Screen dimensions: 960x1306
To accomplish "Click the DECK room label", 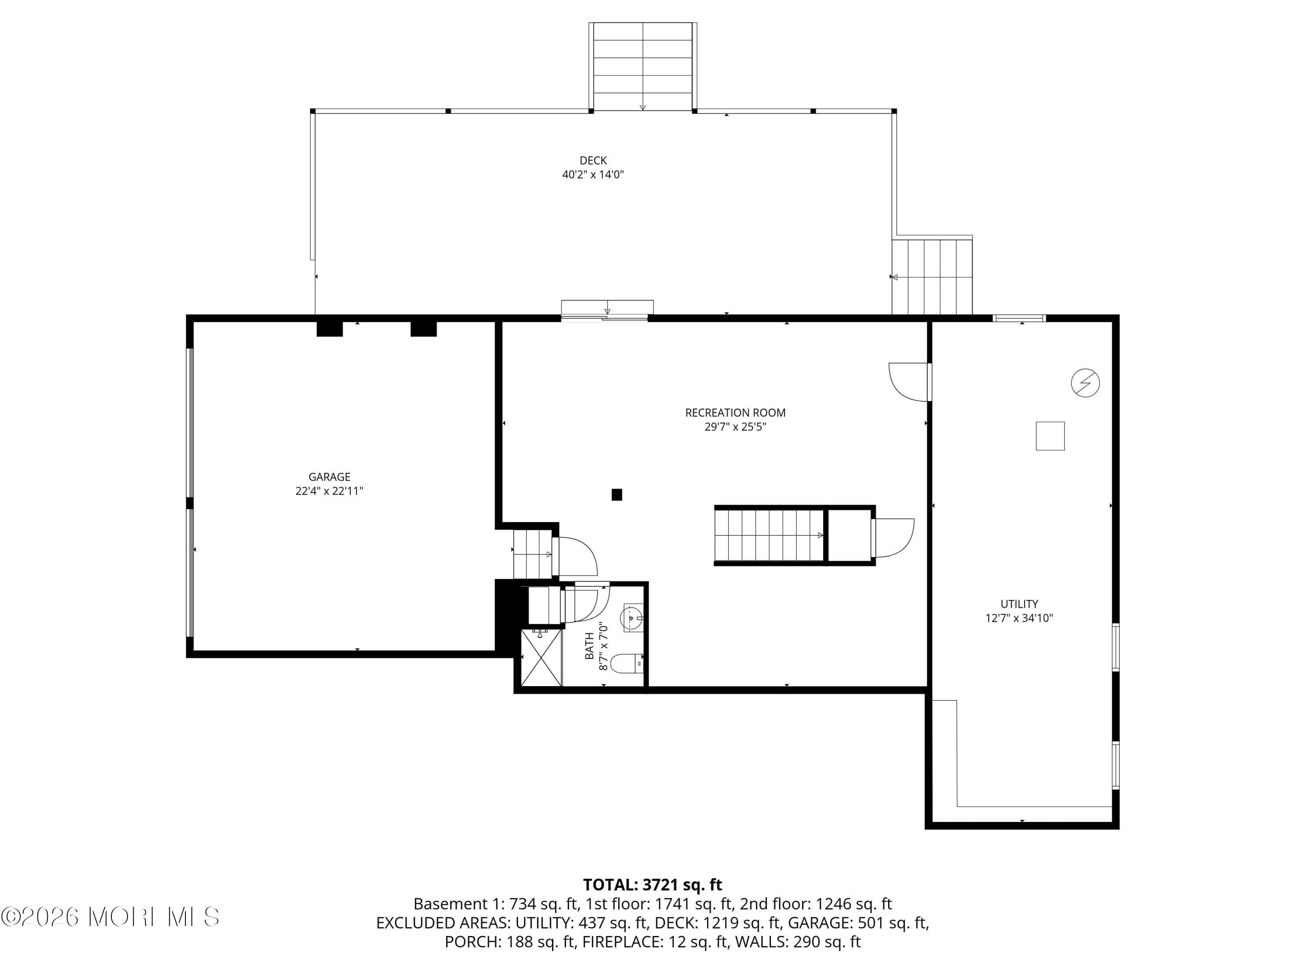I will click(592, 160).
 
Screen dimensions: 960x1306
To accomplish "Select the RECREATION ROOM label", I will click(735, 413).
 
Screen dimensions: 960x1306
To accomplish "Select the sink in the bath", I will click(632, 617).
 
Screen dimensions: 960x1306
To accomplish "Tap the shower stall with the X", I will click(542, 657).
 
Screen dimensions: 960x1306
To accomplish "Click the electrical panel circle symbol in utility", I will click(1085, 383).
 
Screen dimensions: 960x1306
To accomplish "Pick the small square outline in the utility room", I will click(1050, 436).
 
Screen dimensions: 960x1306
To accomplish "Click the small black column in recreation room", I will click(616, 495).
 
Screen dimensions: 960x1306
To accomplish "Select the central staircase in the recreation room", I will click(768, 535).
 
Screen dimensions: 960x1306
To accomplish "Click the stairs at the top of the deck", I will click(642, 66).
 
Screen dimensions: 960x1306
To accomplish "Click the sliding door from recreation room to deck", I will click(604, 317).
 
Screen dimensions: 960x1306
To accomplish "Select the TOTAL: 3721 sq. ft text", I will click(653, 884).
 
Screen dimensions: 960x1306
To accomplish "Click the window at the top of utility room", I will click(1019, 318).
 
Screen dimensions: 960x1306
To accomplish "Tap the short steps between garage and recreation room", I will click(532, 554).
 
